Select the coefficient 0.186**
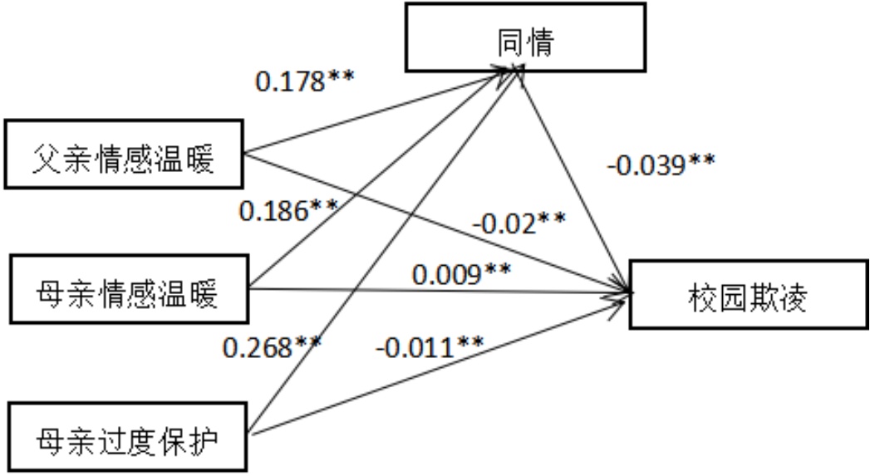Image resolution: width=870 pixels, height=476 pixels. click(288, 211)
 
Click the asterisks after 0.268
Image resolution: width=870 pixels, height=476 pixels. click(304, 341)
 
